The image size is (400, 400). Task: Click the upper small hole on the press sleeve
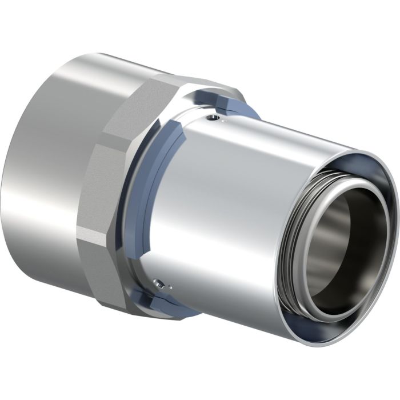coord(213,118)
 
